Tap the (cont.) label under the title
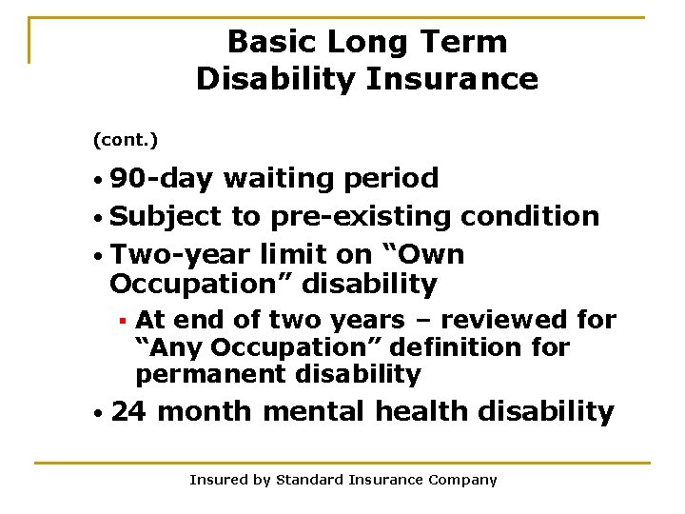pos(125,140)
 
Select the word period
pos(390,178)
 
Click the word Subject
pos(166,217)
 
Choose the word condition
pos(530,217)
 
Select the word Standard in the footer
pos(309,480)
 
